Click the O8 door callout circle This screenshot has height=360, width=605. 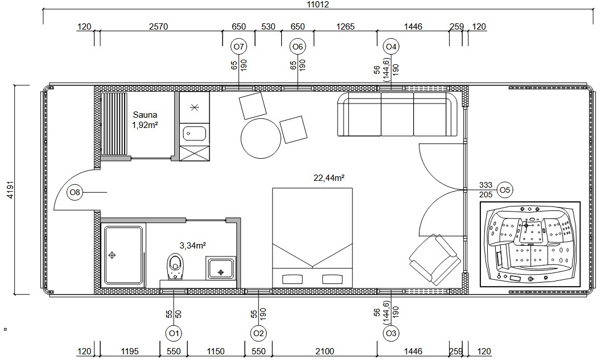75,193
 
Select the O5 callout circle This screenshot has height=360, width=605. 504,189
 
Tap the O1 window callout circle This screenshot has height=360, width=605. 174,333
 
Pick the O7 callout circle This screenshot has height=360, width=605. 238,46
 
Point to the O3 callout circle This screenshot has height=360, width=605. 390,333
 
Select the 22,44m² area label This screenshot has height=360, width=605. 330,177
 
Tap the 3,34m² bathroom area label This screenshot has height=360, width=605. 192,245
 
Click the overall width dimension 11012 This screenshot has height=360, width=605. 318,5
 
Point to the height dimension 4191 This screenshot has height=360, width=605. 7,190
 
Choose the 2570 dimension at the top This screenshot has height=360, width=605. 158,26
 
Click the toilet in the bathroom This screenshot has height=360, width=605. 175,264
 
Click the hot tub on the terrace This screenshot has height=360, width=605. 530,243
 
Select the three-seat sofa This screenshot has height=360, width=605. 398,115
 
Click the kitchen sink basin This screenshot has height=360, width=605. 194,134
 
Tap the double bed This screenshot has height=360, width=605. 312,238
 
